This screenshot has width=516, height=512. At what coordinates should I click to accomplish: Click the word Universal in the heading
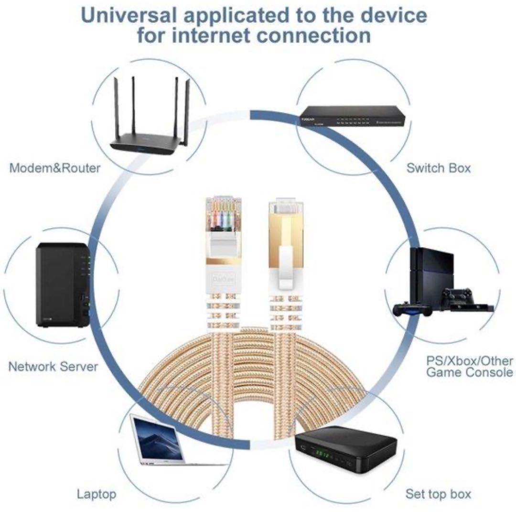click(128, 15)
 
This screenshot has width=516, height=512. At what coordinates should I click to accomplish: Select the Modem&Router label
click(55, 168)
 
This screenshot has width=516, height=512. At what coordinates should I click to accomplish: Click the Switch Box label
click(438, 168)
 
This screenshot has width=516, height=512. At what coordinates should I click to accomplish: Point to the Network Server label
click(53, 367)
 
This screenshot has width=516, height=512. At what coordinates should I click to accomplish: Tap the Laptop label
click(97, 494)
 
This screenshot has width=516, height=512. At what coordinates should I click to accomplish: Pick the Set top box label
click(438, 494)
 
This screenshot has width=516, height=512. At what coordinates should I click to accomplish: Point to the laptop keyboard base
click(182, 461)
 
